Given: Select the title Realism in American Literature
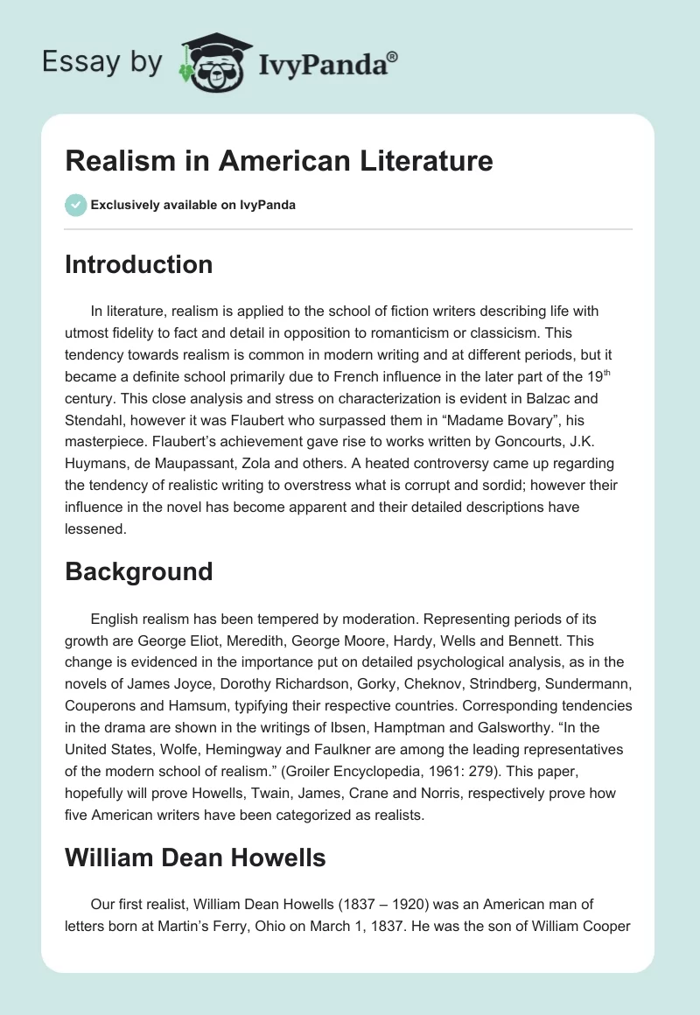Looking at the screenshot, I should (279, 161).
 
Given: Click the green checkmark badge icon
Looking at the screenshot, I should (75, 205).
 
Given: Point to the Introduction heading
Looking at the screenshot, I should (139, 264).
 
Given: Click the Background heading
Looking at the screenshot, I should (139, 571).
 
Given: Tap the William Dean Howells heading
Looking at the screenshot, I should (195, 857).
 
